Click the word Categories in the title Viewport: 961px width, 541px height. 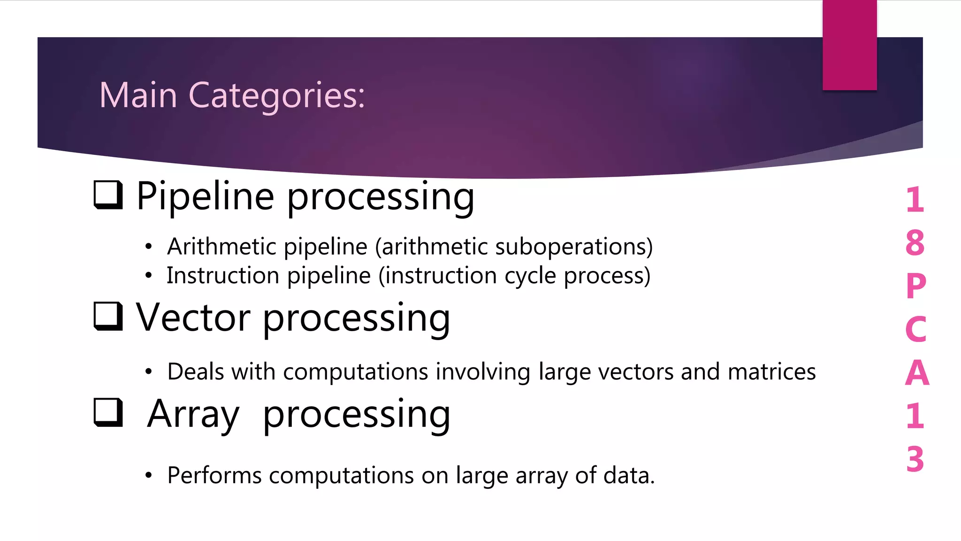(x=276, y=95)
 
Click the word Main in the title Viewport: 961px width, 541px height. (x=138, y=95)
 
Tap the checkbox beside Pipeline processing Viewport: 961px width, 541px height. (x=108, y=195)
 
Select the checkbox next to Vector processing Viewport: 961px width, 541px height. (x=108, y=316)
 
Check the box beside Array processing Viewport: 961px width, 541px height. (x=108, y=413)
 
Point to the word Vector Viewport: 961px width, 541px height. (x=193, y=318)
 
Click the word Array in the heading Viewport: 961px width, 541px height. (x=193, y=414)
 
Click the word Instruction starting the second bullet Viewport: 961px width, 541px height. (x=223, y=275)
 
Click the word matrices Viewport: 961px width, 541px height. (x=771, y=371)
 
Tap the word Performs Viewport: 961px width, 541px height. (x=214, y=475)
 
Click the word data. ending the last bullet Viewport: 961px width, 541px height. (x=629, y=475)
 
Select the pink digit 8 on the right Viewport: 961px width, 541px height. (x=915, y=243)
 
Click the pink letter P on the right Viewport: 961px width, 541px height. (x=915, y=286)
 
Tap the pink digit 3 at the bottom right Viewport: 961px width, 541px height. (x=915, y=459)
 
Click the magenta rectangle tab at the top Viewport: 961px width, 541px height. (x=849, y=45)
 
